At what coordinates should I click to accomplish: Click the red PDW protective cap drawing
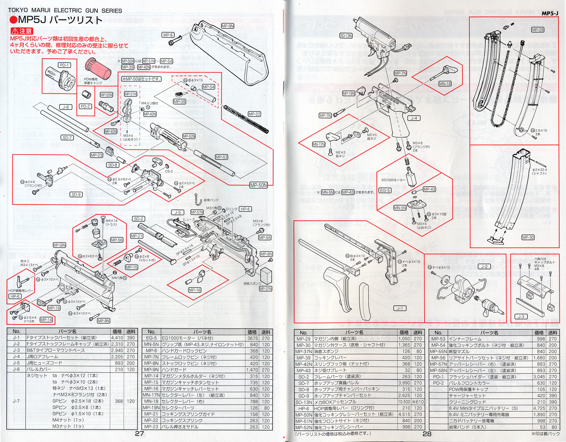pyautogui.click(x=98, y=68)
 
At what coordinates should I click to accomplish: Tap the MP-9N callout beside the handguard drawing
pyautogui.click(x=228, y=26)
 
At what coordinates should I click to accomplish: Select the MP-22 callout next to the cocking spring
pyautogui.click(x=254, y=114)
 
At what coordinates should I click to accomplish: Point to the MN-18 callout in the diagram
pyautogui.click(x=445, y=84)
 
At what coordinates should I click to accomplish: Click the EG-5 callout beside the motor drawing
pyautogui.click(x=385, y=190)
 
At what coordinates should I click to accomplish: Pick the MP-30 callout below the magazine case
pyautogui.click(x=528, y=237)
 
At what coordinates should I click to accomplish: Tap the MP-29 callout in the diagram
pyautogui.click(x=537, y=30)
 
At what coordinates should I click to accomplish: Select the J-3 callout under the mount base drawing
pyautogui.click(x=521, y=317)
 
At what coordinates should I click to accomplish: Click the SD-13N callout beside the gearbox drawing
pyautogui.click(x=346, y=36)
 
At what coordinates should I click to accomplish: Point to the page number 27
pyautogui.click(x=139, y=434)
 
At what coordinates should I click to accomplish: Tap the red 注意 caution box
pyautogui.click(x=22, y=31)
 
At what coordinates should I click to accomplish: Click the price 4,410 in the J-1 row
pyautogui.click(x=117, y=338)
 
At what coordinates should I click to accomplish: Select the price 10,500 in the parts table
pyautogui.click(x=404, y=402)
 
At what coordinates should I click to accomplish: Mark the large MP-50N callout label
pyautogui.click(x=258, y=185)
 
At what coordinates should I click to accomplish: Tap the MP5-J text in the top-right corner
pyautogui.click(x=550, y=13)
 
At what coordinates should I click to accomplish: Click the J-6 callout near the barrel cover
pyautogui.click(x=66, y=107)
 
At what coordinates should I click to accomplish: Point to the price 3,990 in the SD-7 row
pyautogui.click(x=405, y=383)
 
